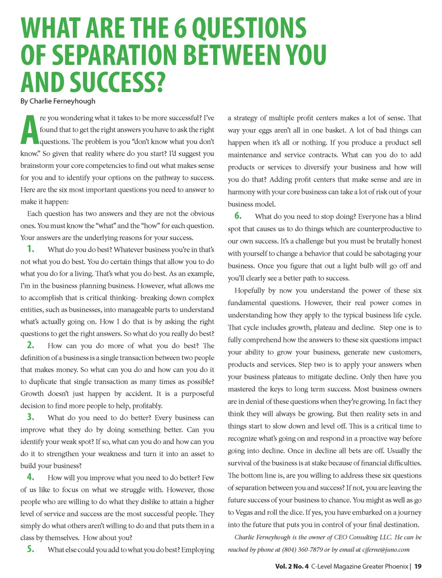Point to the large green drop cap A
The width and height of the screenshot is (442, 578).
29,130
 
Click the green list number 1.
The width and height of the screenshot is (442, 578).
30,249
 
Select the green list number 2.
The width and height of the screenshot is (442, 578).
30,345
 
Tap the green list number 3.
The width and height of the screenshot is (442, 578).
30,417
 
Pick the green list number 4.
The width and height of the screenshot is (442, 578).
30,477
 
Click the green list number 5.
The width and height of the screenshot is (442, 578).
30,549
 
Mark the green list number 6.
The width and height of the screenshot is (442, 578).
238,216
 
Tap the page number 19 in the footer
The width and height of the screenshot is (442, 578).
418,566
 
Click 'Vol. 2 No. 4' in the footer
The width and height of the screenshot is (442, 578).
292,566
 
